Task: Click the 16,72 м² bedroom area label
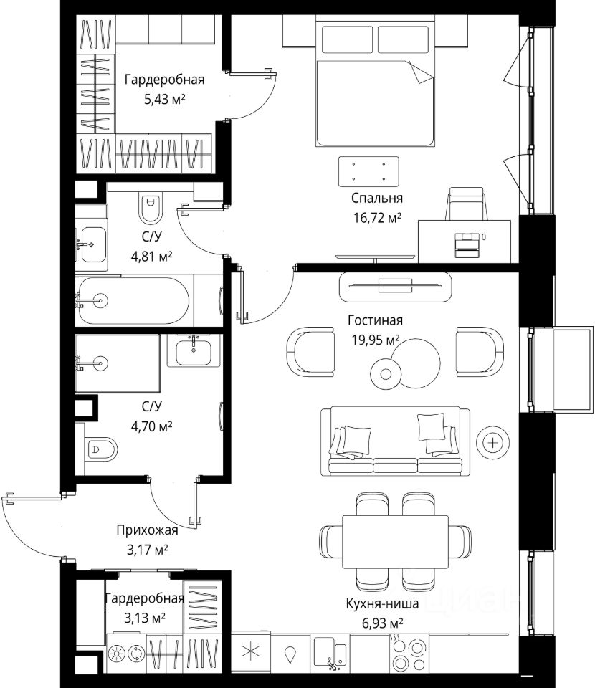click(377, 217)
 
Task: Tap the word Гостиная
click(375, 320)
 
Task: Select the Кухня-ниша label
click(382, 603)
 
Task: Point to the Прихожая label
click(147, 530)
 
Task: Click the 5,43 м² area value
click(165, 99)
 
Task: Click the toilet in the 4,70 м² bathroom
click(101, 449)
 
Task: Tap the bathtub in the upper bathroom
click(134, 300)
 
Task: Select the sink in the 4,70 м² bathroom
click(194, 350)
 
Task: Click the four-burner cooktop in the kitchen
click(409, 654)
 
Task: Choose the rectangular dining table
click(395, 542)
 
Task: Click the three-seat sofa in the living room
click(395, 441)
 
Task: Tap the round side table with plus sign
click(493, 442)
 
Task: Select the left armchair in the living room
click(310, 351)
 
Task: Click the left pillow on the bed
click(348, 39)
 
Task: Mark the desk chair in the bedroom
click(466, 204)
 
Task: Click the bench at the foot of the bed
click(368, 171)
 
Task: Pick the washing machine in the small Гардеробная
click(126, 654)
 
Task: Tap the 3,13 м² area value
click(145, 618)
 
